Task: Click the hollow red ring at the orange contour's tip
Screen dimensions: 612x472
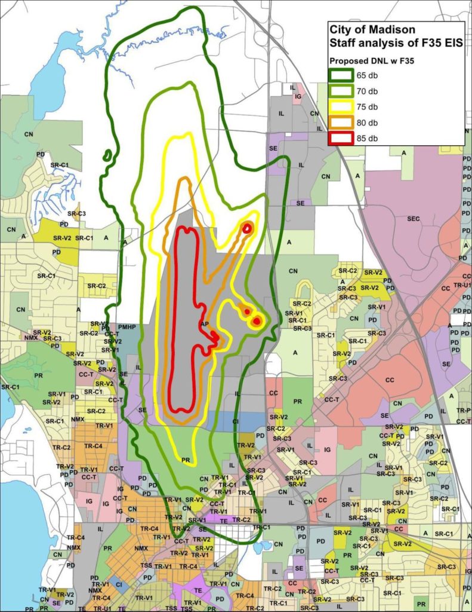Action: [247, 227]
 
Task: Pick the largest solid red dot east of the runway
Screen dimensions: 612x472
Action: [257, 321]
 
